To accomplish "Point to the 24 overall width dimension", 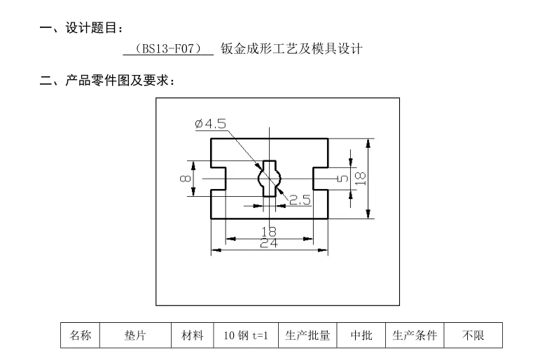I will [268, 243].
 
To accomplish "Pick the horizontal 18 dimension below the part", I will [268, 232].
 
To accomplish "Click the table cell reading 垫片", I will [135, 335].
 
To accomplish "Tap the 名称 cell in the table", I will [79, 335].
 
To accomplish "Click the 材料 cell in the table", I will [188, 335].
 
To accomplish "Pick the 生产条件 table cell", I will [414, 335].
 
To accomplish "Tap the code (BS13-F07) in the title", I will [167, 50].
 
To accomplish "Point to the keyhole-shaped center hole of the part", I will [270, 178].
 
